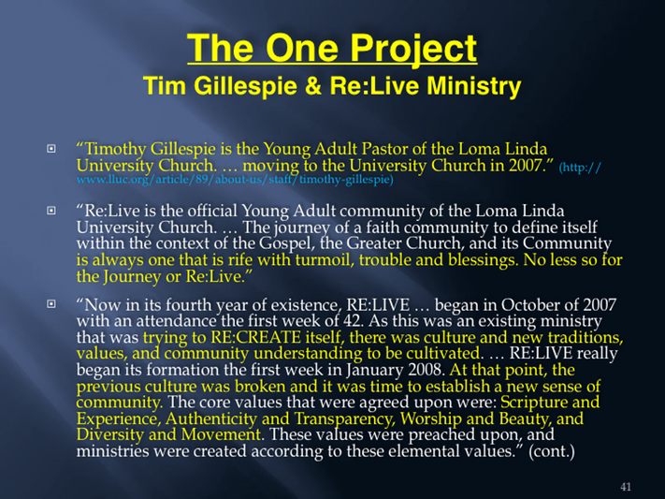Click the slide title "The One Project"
coord(332,49)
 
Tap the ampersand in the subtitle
coord(313,85)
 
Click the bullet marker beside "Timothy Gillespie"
coord(51,149)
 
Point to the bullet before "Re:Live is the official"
coord(51,211)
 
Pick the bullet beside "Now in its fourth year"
coord(51,303)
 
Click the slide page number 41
coord(626,487)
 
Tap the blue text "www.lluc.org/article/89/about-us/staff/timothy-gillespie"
coord(235,179)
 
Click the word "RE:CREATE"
coord(255,337)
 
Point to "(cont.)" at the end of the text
coord(551,450)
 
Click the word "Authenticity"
coord(211,418)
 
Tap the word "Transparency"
coord(345,419)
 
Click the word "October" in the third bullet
coord(530,304)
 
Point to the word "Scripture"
coord(533,403)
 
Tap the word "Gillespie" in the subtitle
coord(246,87)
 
